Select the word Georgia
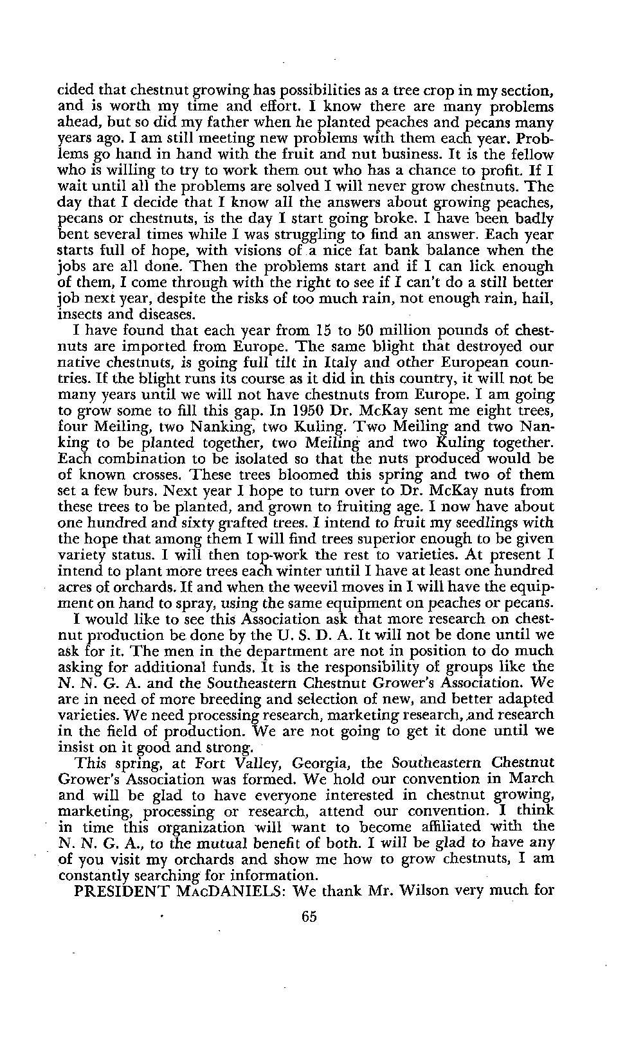(x=321, y=764)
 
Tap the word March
(x=532, y=779)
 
